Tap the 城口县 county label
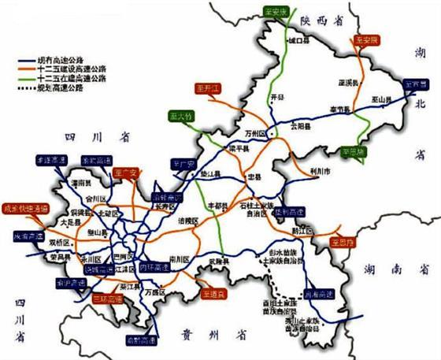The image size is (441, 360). click(x=296, y=39)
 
